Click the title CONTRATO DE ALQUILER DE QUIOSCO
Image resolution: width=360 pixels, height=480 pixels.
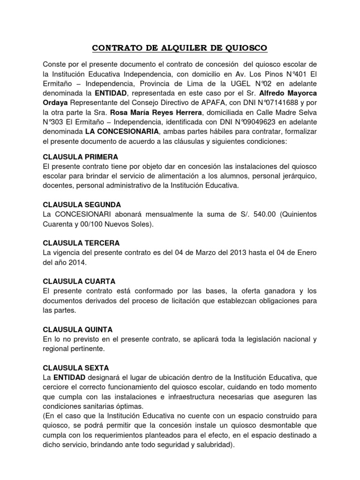click(x=180, y=48)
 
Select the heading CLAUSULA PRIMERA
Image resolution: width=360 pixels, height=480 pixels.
click(x=80, y=157)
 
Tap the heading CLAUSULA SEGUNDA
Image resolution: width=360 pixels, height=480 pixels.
click(x=82, y=205)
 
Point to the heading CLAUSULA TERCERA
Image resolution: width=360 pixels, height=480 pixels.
click(x=81, y=243)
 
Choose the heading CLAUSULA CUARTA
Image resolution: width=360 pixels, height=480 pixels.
click(x=79, y=281)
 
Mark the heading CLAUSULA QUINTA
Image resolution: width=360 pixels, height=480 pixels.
click(x=78, y=330)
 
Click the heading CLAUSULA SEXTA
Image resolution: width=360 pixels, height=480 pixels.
click(x=76, y=367)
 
